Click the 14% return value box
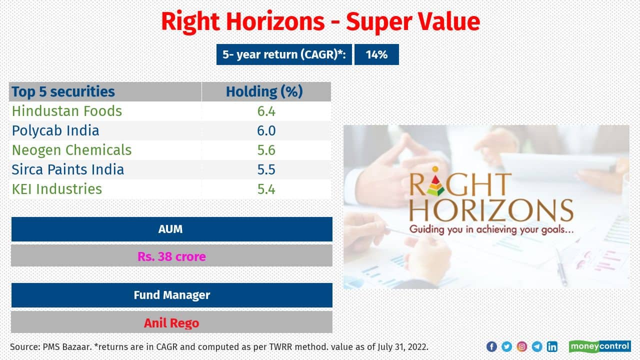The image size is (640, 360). tap(376, 54)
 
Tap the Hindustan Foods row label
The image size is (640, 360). tap(67, 111)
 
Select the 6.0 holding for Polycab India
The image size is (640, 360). tap(266, 130)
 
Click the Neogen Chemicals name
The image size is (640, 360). tap(71, 150)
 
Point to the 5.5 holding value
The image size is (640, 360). tap(266, 169)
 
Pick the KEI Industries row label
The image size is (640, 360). tap(57, 189)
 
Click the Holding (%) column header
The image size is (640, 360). tap(264, 92)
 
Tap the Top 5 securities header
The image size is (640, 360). tap(63, 92)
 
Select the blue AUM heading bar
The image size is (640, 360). tap(171, 229)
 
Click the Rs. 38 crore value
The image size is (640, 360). tap(171, 256)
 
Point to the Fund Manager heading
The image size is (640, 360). tap(171, 295)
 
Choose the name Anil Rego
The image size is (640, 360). tap(171, 323)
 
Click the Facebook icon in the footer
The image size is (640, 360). tap(491, 346)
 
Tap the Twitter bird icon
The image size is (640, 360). tap(506, 346)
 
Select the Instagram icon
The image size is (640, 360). tap(521, 346)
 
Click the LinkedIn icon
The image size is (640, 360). tap(552, 346)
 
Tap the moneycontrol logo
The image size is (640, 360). tap(599, 346)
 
